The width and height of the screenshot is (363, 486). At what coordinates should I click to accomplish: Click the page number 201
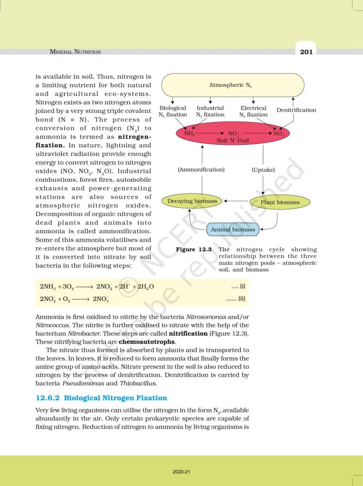click(306, 51)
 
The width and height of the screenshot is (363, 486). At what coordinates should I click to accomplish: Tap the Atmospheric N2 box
click(232, 85)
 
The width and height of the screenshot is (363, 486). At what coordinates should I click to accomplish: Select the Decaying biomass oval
click(192, 201)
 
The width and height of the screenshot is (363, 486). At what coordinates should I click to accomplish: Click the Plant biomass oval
click(280, 202)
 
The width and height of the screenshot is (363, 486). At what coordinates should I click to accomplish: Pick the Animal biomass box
click(233, 230)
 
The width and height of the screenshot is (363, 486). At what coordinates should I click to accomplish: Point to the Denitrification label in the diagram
click(296, 110)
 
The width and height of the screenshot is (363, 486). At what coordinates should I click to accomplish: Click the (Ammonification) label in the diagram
click(201, 169)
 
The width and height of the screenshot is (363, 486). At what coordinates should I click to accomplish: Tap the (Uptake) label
click(263, 169)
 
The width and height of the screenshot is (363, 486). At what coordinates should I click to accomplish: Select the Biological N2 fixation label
click(173, 112)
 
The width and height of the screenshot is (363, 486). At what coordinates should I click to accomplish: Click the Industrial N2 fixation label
click(210, 112)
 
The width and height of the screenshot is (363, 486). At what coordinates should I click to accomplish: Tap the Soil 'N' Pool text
click(232, 140)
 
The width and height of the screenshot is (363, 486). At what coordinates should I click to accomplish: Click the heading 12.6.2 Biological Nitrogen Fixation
click(101, 398)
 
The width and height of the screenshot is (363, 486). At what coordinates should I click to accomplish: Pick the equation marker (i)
click(238, 287)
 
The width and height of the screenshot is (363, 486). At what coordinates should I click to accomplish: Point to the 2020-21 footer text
click(181, 472)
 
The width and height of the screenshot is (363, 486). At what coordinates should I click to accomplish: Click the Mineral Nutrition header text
click(76, 52)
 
